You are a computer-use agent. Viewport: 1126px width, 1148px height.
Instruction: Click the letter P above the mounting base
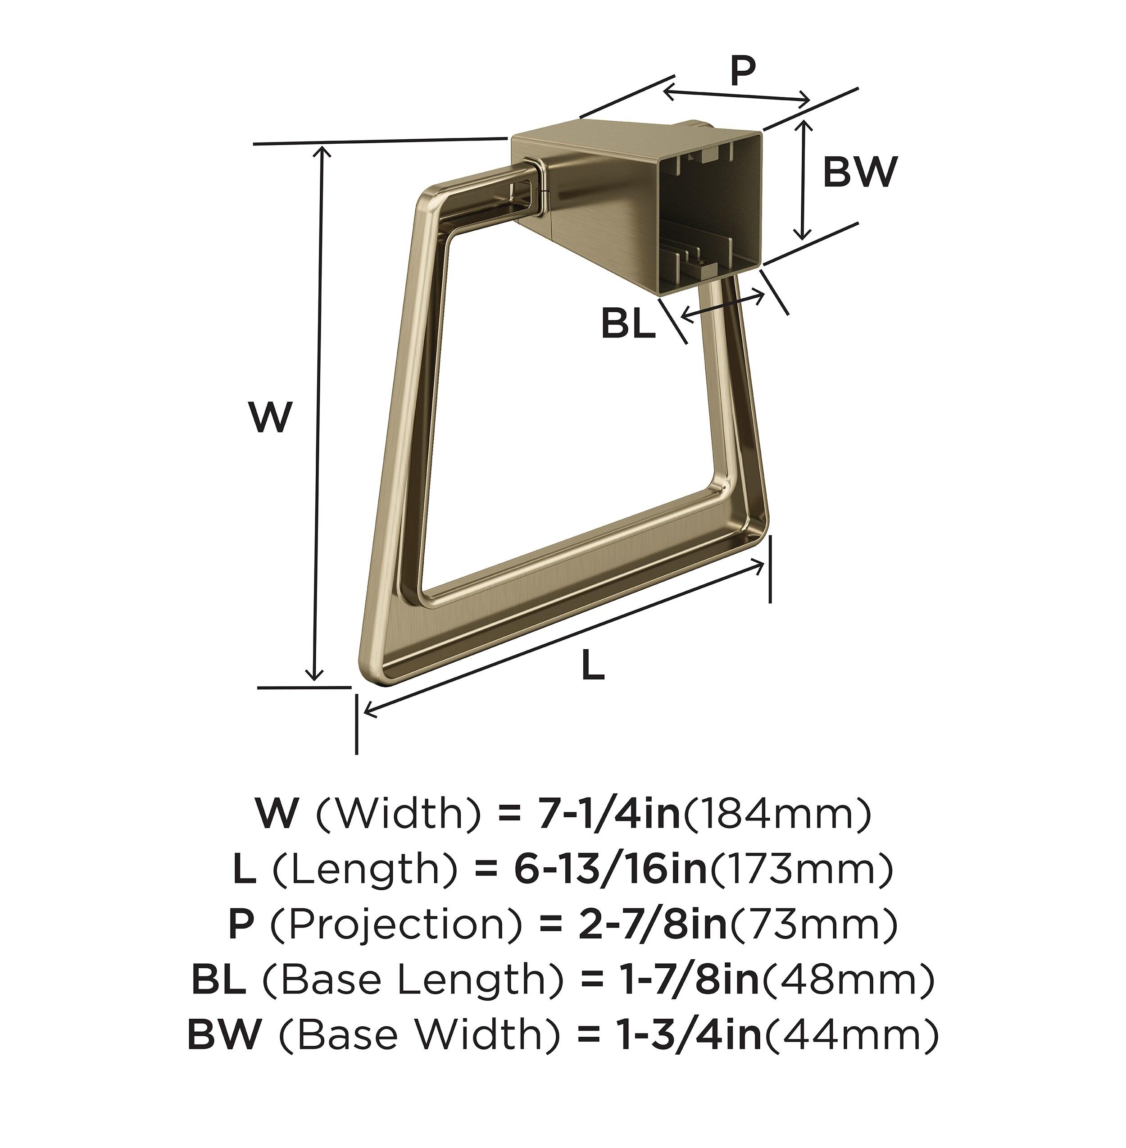pos(743,71)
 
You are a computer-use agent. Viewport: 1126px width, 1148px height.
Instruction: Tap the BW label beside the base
pos(860,172)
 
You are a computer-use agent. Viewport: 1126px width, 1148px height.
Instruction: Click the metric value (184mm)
pos(777,814)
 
